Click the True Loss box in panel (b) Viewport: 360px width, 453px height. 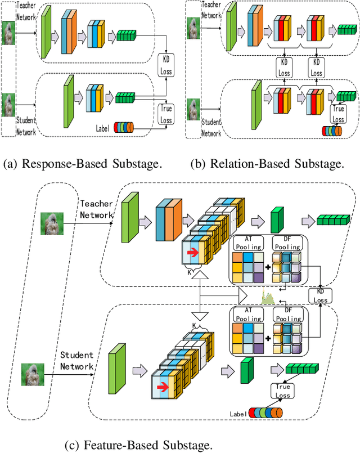pyautogui.click(x=338, y=114)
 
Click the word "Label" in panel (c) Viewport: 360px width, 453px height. pyautogui.click(x=238, y=414)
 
